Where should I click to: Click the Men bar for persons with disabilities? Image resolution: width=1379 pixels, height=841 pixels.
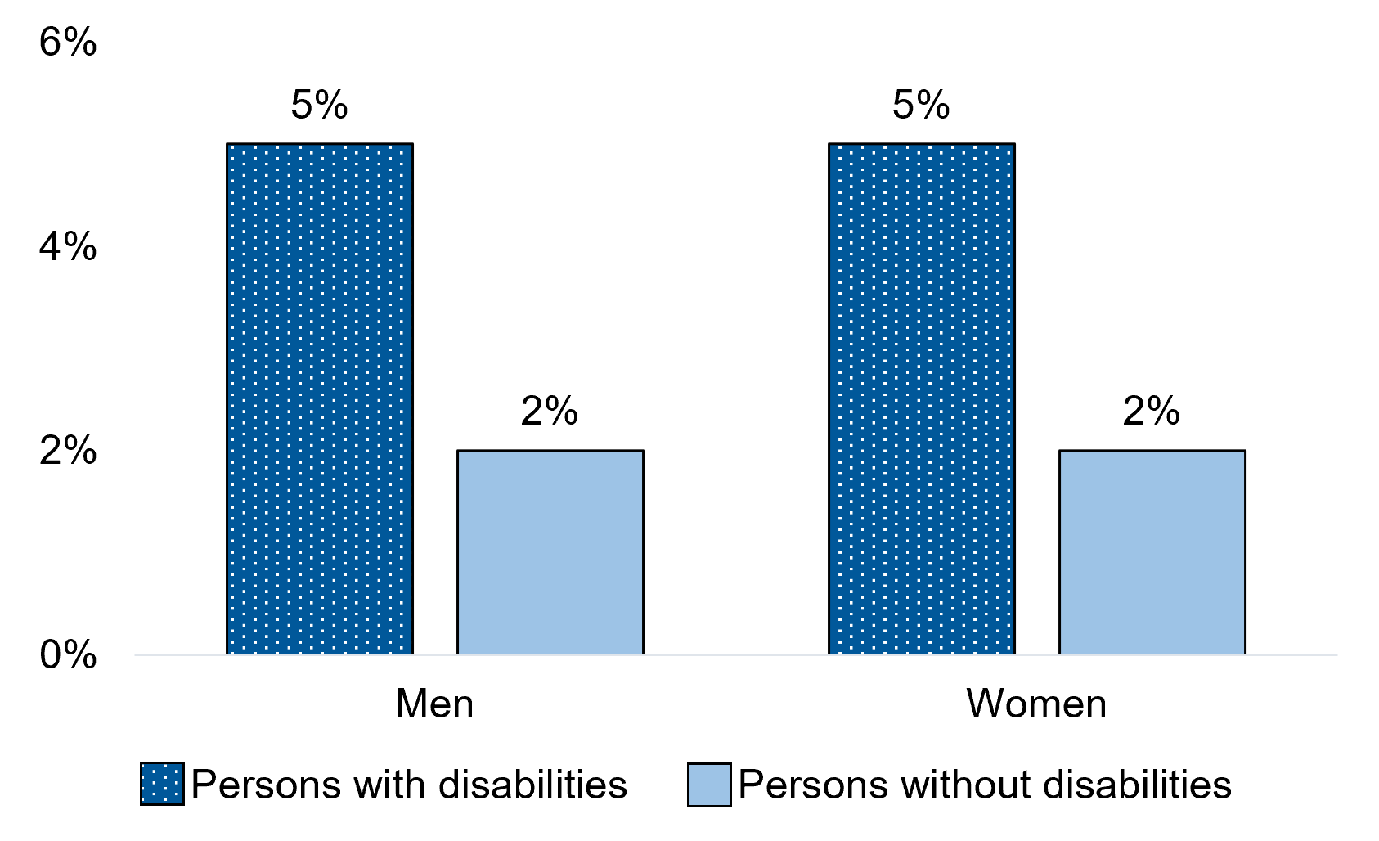click(x=319, y=398)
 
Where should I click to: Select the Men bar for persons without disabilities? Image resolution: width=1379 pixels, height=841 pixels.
click(x=550, y=551)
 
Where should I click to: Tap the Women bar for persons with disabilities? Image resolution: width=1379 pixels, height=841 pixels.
click(x=921, y=398)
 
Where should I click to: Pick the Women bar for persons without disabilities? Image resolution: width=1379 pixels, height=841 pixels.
click(x=1152, y=551)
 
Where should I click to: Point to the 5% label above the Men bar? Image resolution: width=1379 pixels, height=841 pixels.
click(x=319, y=106)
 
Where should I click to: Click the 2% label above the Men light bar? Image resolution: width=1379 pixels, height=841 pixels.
click(x=550, y=412)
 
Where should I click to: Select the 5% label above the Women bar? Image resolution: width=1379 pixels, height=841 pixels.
click(x=921, y=106)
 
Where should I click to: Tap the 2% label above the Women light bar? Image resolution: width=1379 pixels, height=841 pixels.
click(x=1152, y=412)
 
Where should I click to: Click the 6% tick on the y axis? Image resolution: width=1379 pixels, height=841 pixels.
click(x=68, y=43)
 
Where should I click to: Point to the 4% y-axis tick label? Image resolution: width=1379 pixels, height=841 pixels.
click(x=68, y=246)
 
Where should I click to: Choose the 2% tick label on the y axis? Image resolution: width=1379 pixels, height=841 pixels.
click(x=68, y=451)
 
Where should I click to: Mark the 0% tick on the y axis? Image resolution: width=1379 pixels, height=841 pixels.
click(x=68, y=654)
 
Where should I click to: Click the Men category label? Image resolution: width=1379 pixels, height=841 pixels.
click(x=434, y=704)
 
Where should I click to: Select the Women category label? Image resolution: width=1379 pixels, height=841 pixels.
click(x=1036, y=704)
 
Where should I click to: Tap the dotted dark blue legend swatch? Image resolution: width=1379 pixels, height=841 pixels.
click(x=162, y=784)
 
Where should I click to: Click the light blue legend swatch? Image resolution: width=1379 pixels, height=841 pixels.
click(x=708, y=784)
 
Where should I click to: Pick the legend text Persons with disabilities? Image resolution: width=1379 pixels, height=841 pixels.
click(x=409, y=785)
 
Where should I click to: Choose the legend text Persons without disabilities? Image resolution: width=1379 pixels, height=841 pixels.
click(x=985, y=785)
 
